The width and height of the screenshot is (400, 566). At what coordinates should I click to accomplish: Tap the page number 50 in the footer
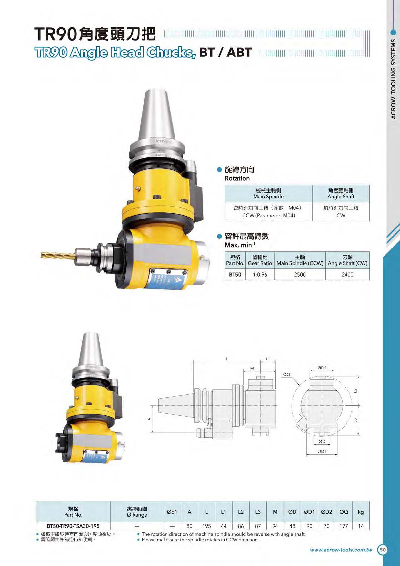pyautogui.click(x=383, y=550)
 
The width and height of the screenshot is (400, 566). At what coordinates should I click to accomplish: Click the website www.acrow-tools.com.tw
pyautogui.click(x=341, y=550)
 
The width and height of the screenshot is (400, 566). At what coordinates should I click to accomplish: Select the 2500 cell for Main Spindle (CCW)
pyautogui.click(x=300, y=275)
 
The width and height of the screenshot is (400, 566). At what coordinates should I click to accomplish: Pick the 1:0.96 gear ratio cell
pyautogui.click(x=260, y=275)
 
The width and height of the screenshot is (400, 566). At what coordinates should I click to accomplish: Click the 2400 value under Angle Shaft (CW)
pyautogui.click(x=347, y=275)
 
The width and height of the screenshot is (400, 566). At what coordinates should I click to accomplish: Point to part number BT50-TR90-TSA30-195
pyautogui.click(x=73, y=526)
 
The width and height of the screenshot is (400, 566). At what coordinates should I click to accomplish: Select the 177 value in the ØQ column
pyautogui.click(x=344, y=526)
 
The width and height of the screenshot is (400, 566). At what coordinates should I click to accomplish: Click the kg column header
pyautogui.click(x=361, y=512)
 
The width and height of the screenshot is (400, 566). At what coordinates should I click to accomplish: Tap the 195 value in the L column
pyautogui.click(x=206, y=526)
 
